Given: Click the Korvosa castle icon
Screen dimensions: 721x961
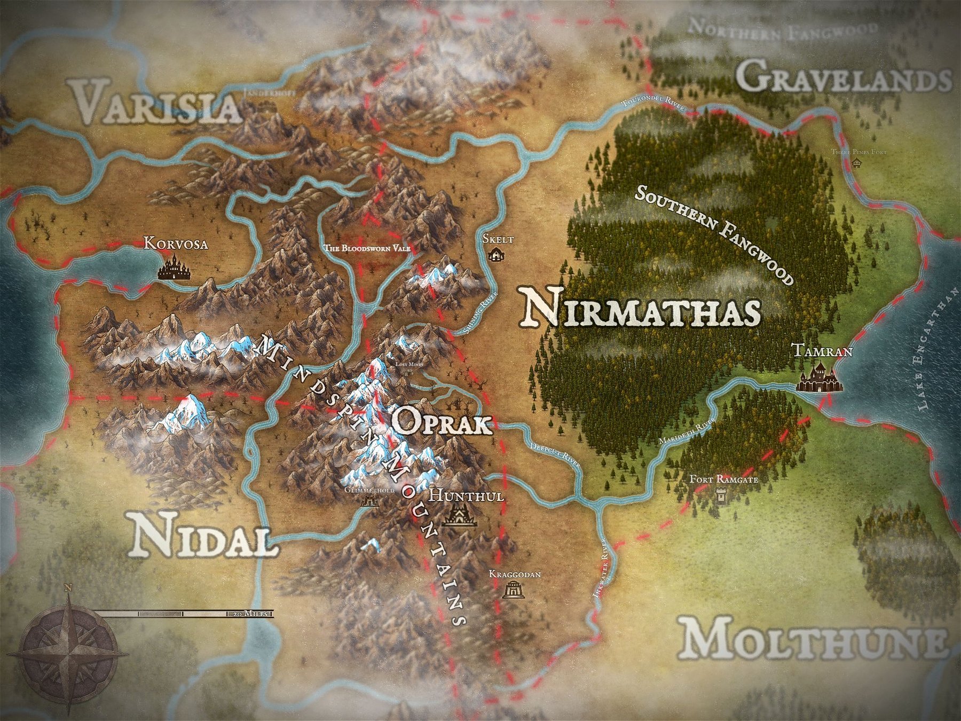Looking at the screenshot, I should tap(175, 268).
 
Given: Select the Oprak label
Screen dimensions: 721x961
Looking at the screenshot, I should tap(441, 424).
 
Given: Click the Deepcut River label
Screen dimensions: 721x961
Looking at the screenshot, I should tap(555, 454).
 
